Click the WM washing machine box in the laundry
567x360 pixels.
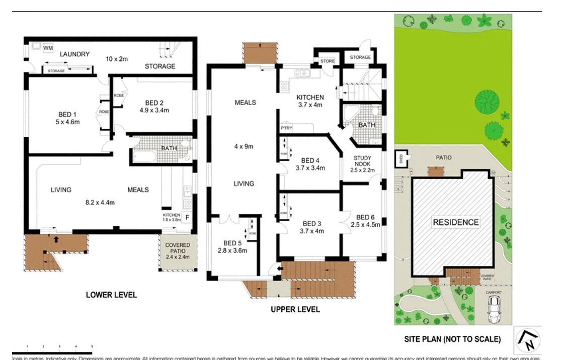click(x=48, y=48)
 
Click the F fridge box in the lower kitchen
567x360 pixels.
click(x=188, y=218)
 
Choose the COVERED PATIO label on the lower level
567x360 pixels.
click(x=178, y=247)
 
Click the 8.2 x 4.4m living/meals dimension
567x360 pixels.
click(x=100, y=203)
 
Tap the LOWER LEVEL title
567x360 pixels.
click(x=111, y=295)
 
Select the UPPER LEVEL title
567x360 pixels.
click(x=295, y=309)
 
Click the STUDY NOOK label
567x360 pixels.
click(x=363, y=161)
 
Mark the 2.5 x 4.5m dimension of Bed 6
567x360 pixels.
click(x=365, y=225)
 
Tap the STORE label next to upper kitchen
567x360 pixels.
click(x=328, y=61)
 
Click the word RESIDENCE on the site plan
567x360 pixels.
click(x=456, y=222)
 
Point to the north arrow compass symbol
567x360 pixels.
click(x=527, y=340)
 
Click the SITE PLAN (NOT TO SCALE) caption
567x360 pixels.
click(x=452, y=339)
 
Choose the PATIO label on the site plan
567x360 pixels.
click(x=443, y=157)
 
